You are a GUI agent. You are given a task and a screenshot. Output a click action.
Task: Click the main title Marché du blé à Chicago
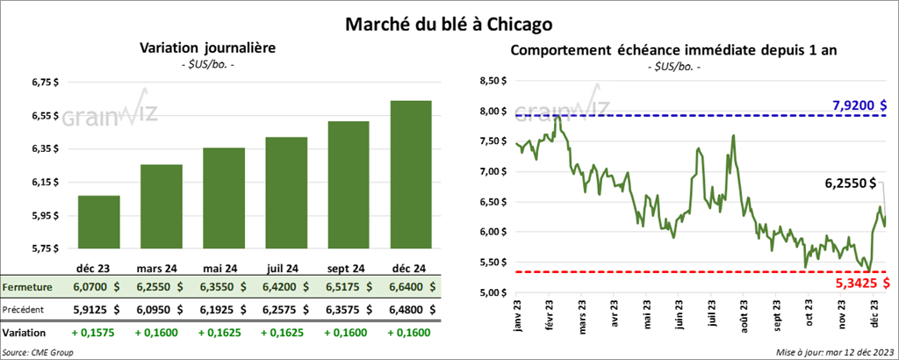click(x=449, y=18)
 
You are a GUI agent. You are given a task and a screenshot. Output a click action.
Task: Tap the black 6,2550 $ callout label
click(x=851, y=184)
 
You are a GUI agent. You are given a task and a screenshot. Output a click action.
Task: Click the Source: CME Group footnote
click(x=39, y=352)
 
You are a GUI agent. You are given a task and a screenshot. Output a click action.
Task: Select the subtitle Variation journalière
click(x=207, y=50)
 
